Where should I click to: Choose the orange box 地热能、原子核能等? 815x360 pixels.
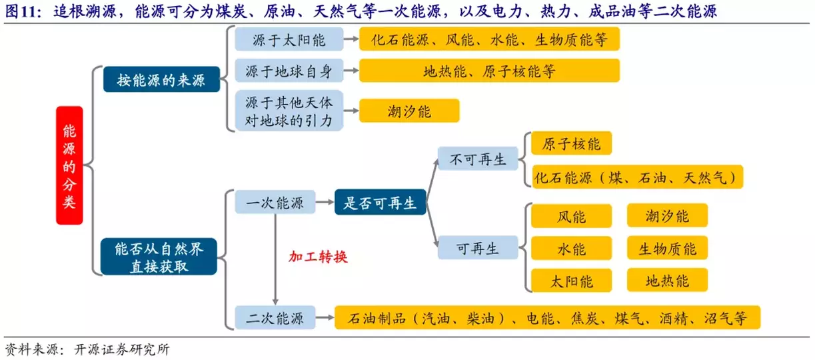click(x=489, y=70)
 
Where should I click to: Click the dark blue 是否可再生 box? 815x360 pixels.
click(x=380, y=202)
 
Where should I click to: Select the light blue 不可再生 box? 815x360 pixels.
click(x=478, y=160)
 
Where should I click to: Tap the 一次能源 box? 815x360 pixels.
click(x=275, y=202)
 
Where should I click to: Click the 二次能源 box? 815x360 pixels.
click(x=275, y=318)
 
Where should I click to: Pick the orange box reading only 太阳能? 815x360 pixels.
click(x=571, y=280)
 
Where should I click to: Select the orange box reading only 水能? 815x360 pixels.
click(x=571, y=249)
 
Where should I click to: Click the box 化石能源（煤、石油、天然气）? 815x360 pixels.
click(x=637, y=177)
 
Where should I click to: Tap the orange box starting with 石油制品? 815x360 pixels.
click(x=546, y=318)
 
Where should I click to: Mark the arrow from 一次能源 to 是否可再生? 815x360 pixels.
click(x=325, y=202)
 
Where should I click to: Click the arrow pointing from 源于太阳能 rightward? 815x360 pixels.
click(x=350, y=40)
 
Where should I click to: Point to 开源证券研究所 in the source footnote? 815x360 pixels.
click(x=123, y=350)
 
